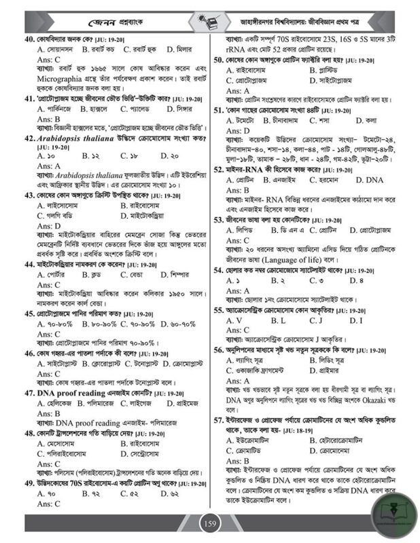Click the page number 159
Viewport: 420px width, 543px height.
pyautogui.click(x=210, y=524)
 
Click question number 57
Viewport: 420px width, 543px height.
pyautogui.click(x=220, y=420)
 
